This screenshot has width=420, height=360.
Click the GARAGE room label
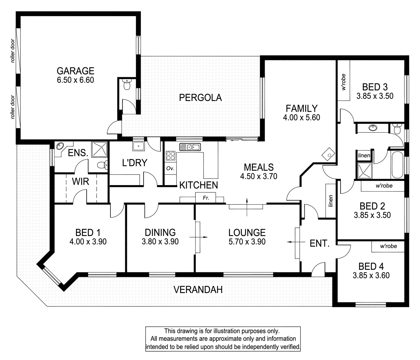tap(75, 71)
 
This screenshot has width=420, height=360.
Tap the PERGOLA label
tap(200, 98)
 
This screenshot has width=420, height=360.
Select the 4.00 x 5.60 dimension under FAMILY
tap(301, 117)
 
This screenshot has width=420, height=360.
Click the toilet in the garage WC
tap(127, 85)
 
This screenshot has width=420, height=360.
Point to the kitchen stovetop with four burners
tap(171, 156)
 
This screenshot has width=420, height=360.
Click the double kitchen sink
tap(190, 147)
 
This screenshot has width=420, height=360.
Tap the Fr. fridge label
tap(206, 198)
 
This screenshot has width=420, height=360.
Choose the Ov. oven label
tap(170, 168)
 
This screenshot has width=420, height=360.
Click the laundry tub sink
tap(138, 146)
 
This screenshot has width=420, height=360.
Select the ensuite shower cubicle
tap(99, 149)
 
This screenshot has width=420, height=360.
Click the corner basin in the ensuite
tap(60, 145)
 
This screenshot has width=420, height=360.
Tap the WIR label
tap(80, 181)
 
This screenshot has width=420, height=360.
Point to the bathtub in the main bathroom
tap(397, 165)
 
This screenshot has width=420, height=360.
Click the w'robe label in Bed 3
tap(344, 82)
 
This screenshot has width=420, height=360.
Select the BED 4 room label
tap(371, 266)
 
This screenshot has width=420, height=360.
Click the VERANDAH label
tap(198, 290)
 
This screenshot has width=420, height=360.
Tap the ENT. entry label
tap(319, 243)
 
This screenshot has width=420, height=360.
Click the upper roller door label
tap(13, 51)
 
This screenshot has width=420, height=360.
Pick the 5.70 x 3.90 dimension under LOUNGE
tap(247, 241)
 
